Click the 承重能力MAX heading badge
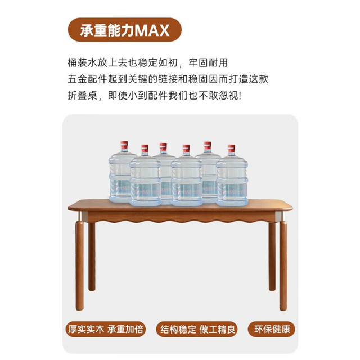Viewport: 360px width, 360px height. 125,30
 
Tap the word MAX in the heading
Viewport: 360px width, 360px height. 152,30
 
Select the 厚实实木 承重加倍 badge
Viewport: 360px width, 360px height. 105,329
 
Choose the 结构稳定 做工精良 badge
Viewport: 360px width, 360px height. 197,329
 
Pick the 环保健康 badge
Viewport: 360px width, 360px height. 272,329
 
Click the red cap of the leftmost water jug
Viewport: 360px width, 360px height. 124,145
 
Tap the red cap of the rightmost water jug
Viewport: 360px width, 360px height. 231,148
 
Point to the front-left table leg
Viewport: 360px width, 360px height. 80,265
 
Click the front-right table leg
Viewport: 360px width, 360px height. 283,265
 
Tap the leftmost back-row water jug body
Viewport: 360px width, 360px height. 120,175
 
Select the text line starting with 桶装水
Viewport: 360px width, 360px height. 147,62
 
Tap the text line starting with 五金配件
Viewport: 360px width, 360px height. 168,79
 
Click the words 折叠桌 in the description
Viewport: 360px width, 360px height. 83,96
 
